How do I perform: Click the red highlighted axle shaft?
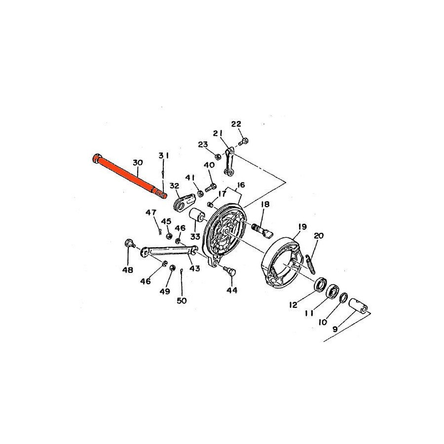pos(129,176)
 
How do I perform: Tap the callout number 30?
pos(138,162)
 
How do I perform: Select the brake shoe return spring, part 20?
pos(310,264)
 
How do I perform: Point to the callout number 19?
pos(302,226)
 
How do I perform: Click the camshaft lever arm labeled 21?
pos(229,162)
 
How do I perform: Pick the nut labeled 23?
pos(218,156)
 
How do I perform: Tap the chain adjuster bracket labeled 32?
pos(184,201)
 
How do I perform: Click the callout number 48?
pos(127,270)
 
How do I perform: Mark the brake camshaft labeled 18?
pos(262,229)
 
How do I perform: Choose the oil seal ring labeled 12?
pos(321,284)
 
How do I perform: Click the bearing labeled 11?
pos(332,291)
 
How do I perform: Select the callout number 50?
pos(182,300)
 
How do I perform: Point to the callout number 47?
pos(150,212)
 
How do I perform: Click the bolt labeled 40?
pos(211,187)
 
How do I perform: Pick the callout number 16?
pos(241,185)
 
